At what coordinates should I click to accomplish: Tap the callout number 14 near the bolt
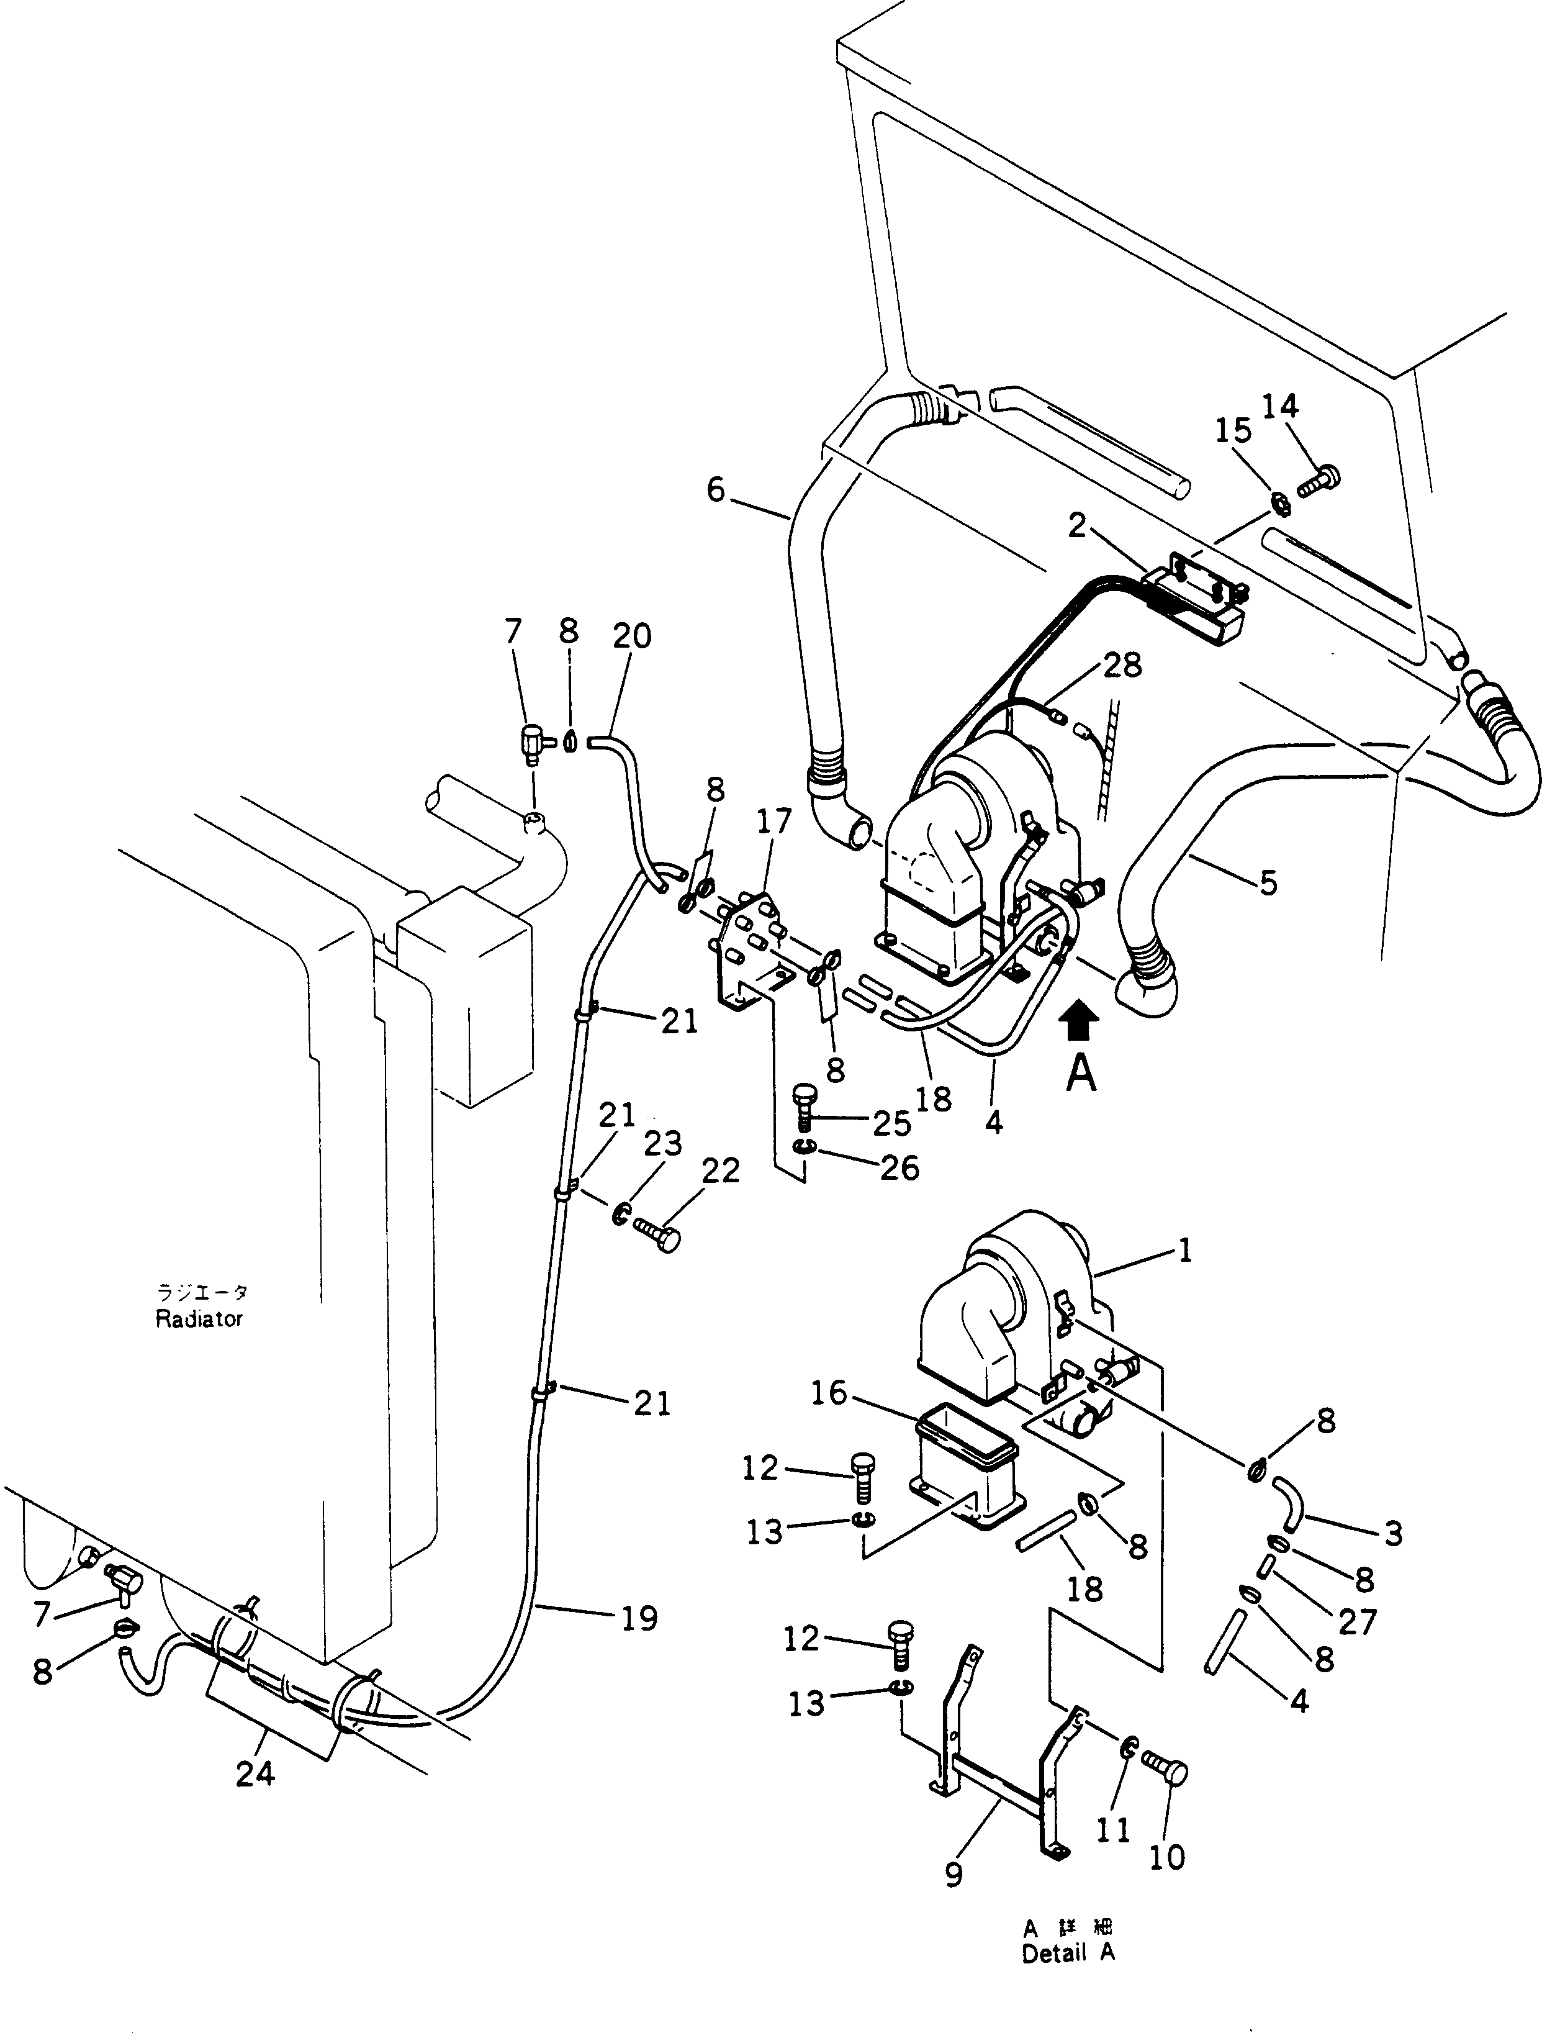1279,406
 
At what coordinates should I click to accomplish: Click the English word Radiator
199,1319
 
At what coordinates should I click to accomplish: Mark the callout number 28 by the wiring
1123,664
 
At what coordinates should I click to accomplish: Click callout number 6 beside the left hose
716,490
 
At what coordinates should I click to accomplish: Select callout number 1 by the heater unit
1184,1250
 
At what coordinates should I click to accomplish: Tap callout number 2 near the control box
1077,526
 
